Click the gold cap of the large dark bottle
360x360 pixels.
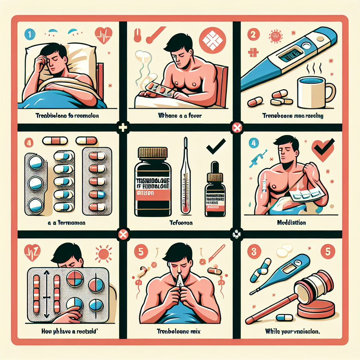click(152, 153)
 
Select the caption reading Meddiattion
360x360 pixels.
click(291, 223)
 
